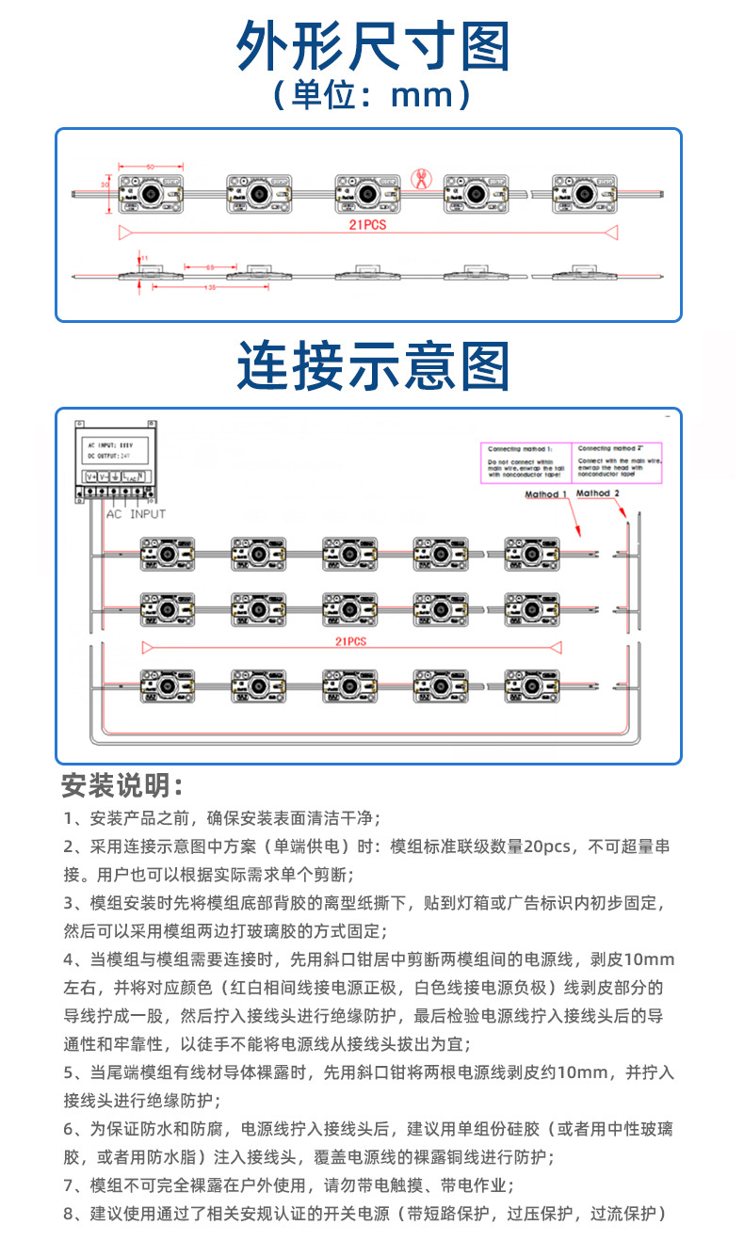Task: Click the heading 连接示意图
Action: pyautogui.click(x=372, y=366)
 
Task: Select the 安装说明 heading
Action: pyautogui.click(x=121, y=784)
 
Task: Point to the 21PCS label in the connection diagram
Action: pyautogui.click(x=350, y=641)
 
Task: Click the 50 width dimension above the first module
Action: pyautogui.click(x=149, y=167)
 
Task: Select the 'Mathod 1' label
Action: pyautogui.click(x=546, y=493)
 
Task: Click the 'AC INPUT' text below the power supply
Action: pyautogui.click(x=136, y=514)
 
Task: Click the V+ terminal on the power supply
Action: pyautogui.click(x=91, y=476)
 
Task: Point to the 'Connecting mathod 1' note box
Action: pyautogui.click(x=525, y=461)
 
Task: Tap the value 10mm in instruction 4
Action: pyautogui.click(x=650, y=959)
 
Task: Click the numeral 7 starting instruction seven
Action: pyautogui.click(x=68, y=1185)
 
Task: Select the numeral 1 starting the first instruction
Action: pyautogui.click(x=68, y=817)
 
